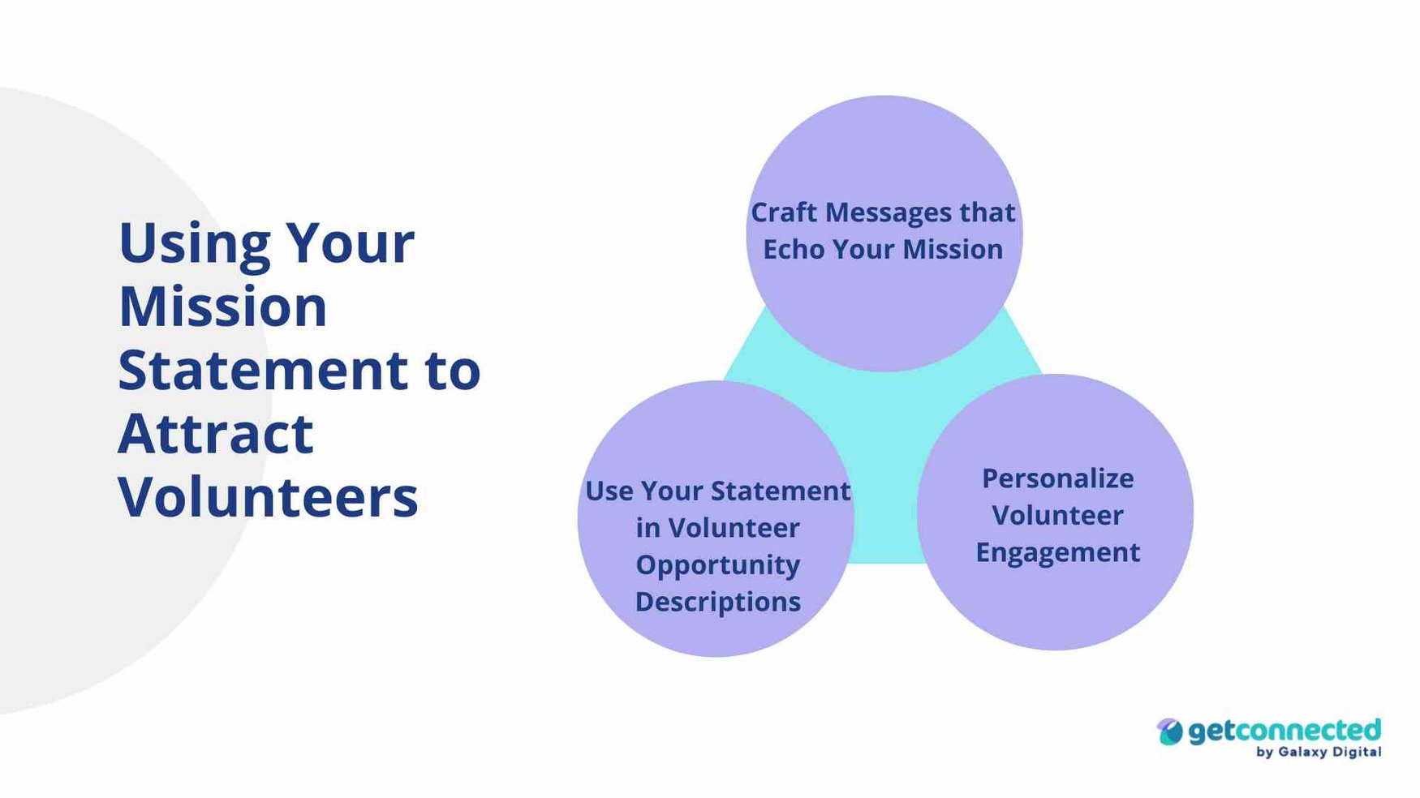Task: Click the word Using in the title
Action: [194, 243]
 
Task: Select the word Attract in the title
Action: [215, 433]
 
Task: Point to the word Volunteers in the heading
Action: [268, 496]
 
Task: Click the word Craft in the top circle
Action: [783, 212]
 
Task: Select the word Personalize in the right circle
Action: [1057, 478]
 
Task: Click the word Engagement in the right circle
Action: [1057, 553]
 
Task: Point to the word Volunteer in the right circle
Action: [1057, 516]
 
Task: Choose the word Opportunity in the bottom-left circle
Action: [717, 565]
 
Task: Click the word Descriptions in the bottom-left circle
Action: [717, 602]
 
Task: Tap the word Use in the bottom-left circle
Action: [609, 491]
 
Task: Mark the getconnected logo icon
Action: [1169, 731]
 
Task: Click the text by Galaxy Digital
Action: [1318, 753]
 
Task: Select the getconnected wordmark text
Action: [1284, 730]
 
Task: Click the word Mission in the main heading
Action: [222, 307]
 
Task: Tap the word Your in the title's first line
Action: [350, 243]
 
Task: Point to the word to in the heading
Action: [453, 370]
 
